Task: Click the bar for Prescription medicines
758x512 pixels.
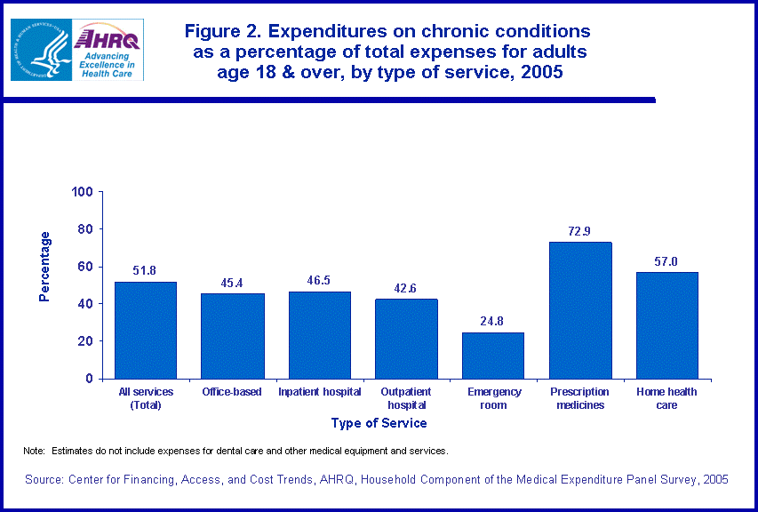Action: tap(580, 310)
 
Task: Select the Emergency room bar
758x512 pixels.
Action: tap(493, 356)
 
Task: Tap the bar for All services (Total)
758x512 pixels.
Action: tap(146, 330)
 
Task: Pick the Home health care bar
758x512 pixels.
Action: tap(667, 325)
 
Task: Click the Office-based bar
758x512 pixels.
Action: tap(232, 336)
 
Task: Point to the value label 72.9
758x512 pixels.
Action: tap(580, 231)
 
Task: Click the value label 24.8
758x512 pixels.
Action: tap(493, 321)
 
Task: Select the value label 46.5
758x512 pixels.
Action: tap(319, 280)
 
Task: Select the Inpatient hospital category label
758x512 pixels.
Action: tap(319, 392)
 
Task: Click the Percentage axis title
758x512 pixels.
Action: tap(45, 267)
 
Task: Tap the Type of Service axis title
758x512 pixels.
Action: tap(379, 424)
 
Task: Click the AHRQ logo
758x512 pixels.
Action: tap(108, 49)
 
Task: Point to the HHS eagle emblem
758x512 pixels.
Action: tap(40, 49)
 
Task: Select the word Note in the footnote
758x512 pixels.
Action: tap(34, 452)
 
